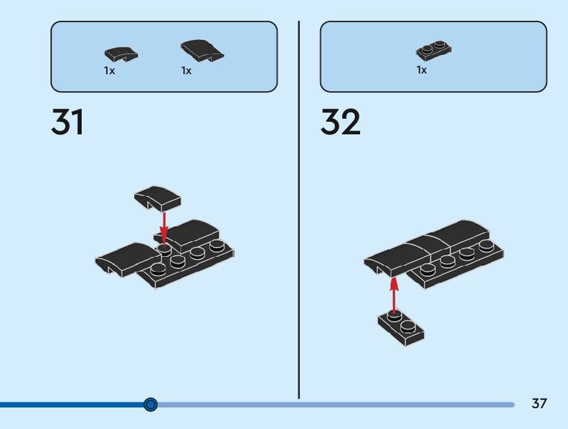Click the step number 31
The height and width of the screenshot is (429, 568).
[68, 122]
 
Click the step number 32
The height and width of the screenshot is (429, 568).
[340, 122]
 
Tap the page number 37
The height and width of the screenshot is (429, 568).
[539, 404]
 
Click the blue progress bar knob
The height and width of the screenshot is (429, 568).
[151, 405]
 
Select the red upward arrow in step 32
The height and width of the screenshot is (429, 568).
[394, 292]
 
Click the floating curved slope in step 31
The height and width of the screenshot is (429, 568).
[157, 197]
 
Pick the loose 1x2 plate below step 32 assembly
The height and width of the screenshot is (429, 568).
[401, 328]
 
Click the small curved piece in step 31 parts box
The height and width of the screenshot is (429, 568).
[120, 54]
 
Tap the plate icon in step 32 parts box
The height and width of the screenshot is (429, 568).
[434, 51]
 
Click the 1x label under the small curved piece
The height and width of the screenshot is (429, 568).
[109, 71]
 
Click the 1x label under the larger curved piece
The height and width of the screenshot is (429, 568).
[186, 71]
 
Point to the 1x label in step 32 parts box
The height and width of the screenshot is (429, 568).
[422, 71]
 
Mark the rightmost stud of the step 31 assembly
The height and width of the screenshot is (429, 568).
[217, 246]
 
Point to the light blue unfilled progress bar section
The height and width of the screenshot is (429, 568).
[334, 405]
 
